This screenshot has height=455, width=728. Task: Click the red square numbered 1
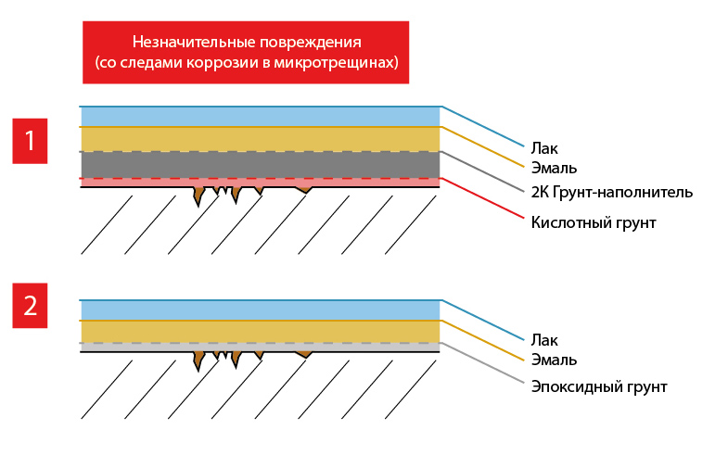(x=30, y=141)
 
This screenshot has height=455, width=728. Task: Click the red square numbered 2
(x=30, y=305)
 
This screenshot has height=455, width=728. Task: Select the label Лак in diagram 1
(x=544, y=147)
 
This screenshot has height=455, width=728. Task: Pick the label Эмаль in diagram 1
(x=554, y=169)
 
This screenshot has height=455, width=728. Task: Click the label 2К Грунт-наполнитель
(x=611, y=193)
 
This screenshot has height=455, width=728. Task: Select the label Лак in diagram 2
(x=544, y=340)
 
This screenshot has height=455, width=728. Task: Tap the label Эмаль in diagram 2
(x=554, y=360)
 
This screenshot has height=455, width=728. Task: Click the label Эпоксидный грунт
(x=599, y=386)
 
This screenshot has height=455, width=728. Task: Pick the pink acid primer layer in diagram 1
(x=139, y=183)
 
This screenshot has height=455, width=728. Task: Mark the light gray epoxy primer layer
(x=139, y=348)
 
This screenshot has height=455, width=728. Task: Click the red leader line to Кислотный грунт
(x=482, y=199)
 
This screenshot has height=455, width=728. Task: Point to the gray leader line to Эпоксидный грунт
(x=482, y=364)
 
